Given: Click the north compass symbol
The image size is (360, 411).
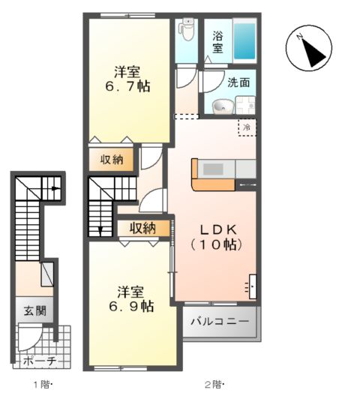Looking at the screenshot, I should [x=308, y=49].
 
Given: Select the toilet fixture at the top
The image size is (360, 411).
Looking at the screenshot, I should [x=186, y=29].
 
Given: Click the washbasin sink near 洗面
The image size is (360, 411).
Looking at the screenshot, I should [x=221, y=106].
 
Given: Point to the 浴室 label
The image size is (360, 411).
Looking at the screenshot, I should [x=217, y=42].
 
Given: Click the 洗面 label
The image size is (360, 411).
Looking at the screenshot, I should [x=239, y=83].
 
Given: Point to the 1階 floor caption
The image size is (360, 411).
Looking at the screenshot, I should [x=41, y=385].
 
